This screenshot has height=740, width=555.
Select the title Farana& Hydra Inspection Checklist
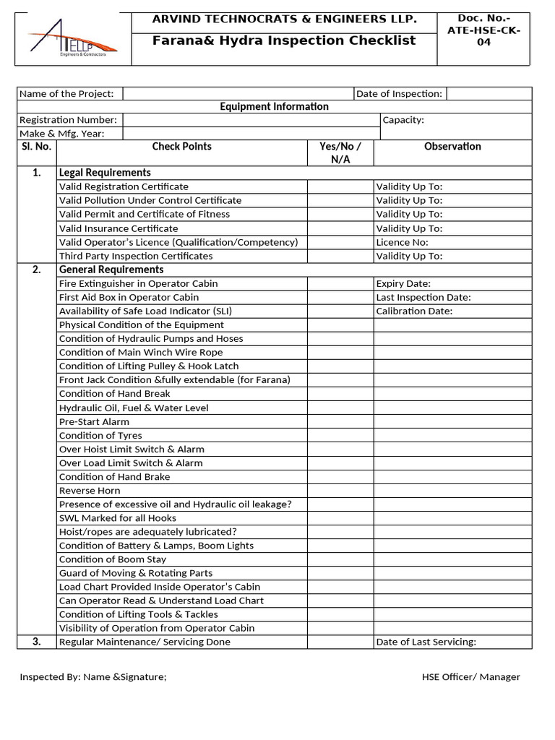[x=284, y=40]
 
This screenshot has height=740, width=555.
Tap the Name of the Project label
[x=66, y=94]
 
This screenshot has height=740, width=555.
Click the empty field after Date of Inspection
[x=489, y=94]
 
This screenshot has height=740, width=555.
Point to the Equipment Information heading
[x=274, y=107]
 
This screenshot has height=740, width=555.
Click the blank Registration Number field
[x=251, y=120]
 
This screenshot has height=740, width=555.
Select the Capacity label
[x=403, y=120]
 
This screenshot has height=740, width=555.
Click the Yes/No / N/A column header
[x=340, y=152]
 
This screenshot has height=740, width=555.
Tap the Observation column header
[x=452, y=147]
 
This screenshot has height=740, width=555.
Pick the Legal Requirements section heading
[x=105, y=173]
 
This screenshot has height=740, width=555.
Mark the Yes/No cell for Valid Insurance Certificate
[x=340, y=228]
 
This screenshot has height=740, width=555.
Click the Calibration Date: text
[x=414, y=311]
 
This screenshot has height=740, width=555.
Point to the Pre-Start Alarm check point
[x=94, y=422]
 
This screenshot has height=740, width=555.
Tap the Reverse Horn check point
[x=89, y=491]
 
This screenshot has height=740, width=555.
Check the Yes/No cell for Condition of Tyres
[x=340, y=436]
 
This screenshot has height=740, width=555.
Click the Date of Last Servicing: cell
[x=426, y=642]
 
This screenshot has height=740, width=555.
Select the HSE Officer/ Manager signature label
[x=470, y=677]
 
